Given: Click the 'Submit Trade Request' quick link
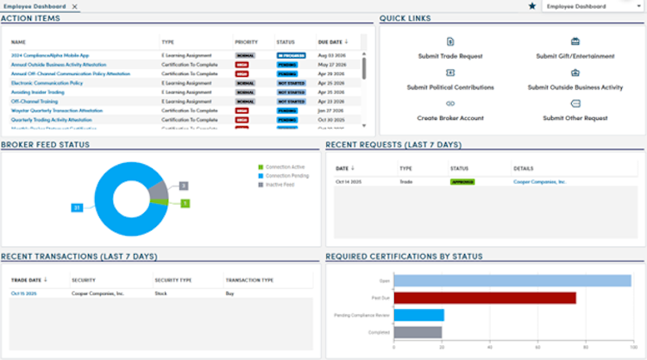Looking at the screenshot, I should (449, 56).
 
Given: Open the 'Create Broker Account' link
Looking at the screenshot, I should (450, 117).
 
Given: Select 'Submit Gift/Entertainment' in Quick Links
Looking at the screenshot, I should (575, 56).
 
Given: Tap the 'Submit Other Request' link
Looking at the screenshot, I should (575, 117).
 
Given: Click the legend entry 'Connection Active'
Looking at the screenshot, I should (285, 167).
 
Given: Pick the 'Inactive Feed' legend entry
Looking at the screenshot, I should (280, 184).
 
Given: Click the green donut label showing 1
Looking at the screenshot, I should (185, 203).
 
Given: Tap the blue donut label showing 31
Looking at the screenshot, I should (76, 208).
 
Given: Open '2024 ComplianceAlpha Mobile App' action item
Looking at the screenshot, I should (50, 55).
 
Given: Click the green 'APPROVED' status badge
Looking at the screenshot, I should (462, 182).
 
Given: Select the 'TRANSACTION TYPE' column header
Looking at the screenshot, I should (249, 280).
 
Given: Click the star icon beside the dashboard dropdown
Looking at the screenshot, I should (531, 6).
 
